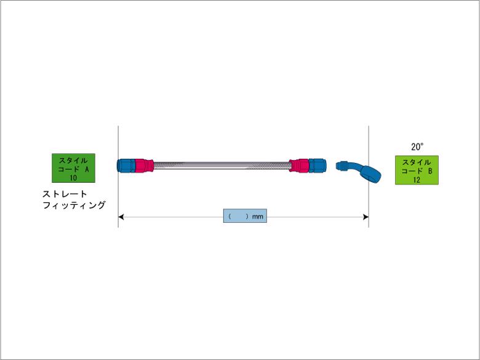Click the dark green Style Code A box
coord(73,168)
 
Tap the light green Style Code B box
coord(417,170)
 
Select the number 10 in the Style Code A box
coord(73,178)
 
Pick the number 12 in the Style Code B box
coord(417,180)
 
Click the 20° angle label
coord(417,147)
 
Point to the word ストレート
coord(65,194)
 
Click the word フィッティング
coord(74,205)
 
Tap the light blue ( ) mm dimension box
coord(245,216)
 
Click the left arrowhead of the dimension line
coord(121,217)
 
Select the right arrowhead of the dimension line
coord(366,217)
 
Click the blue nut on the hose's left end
coord(126,166)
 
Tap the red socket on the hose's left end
coord(144,166)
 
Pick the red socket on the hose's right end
coord(299,166)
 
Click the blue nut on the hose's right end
coord(318,166)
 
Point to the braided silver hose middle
coord(222,166)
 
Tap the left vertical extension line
coord(118,177)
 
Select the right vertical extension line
coord(369,177)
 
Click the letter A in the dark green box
coord(87,169)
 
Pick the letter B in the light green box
coord(430,172)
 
